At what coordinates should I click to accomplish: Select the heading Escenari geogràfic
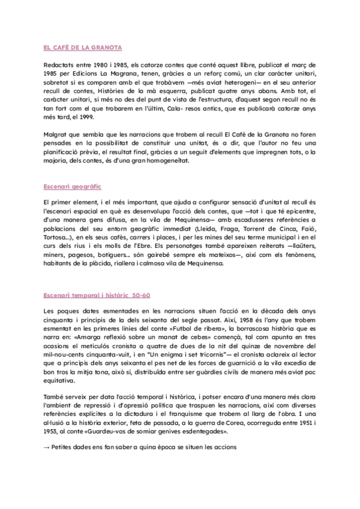pos(73,187)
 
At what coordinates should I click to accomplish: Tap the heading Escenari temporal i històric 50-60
pos(97,295)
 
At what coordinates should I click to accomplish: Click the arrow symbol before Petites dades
pos(47,447)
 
